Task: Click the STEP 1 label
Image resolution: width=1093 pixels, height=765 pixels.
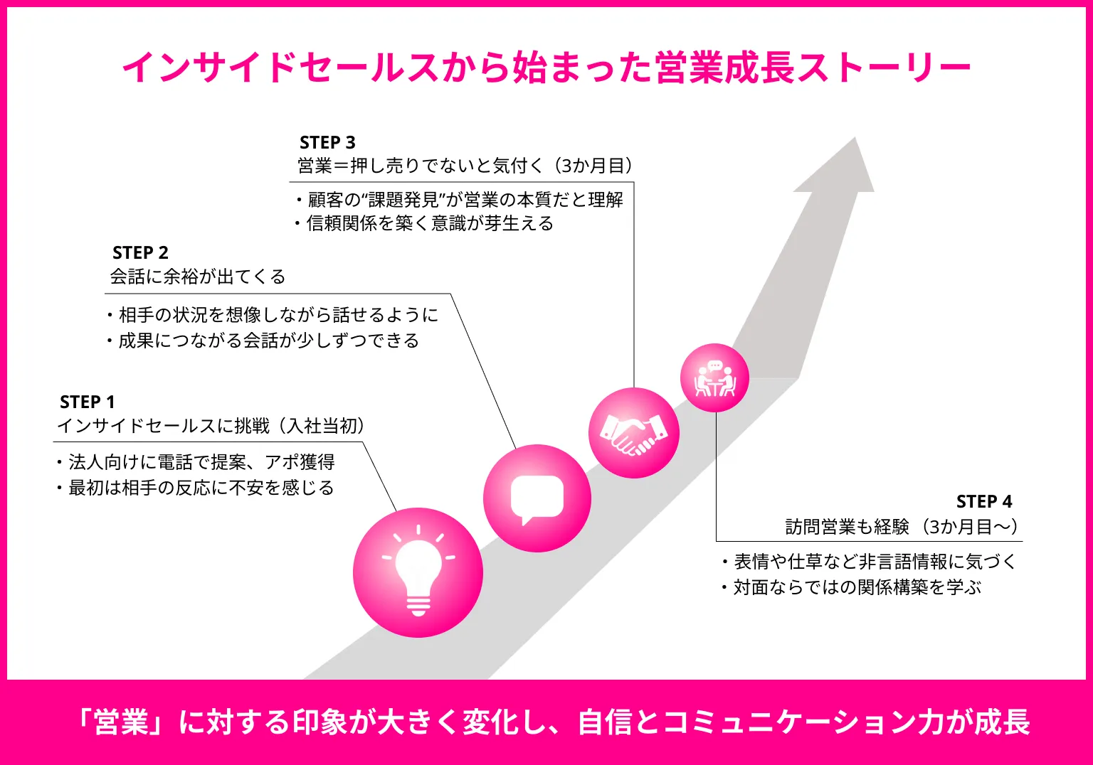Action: (x=88, y=402)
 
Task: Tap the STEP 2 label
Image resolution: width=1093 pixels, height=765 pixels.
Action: (x=140, y=252)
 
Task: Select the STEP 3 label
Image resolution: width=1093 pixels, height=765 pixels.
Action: (x=327, y=142)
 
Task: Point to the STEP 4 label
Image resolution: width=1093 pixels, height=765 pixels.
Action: (x=984, y=501)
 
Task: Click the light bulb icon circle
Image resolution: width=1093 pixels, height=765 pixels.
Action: (x=418, y=572)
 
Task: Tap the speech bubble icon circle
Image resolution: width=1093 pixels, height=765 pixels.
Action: (x=537, y=498)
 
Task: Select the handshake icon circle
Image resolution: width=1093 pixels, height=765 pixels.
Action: (x=634, y=433)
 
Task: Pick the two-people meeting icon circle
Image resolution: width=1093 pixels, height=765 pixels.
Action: (x=715, y=378)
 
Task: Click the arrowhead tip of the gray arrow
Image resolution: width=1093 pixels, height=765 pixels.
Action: (x=855, y=137)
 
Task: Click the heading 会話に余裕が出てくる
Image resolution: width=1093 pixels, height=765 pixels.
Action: (x=198, y=277)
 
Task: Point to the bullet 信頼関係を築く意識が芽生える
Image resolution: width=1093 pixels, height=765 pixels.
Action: (x=425, y=223)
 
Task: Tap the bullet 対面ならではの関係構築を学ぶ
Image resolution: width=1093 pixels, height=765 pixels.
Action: (x=852, y=587)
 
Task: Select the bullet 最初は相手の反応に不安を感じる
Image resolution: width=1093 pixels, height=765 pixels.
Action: (x=196, y=488)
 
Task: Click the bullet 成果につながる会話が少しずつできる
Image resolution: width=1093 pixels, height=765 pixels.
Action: (x=263, y=341)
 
